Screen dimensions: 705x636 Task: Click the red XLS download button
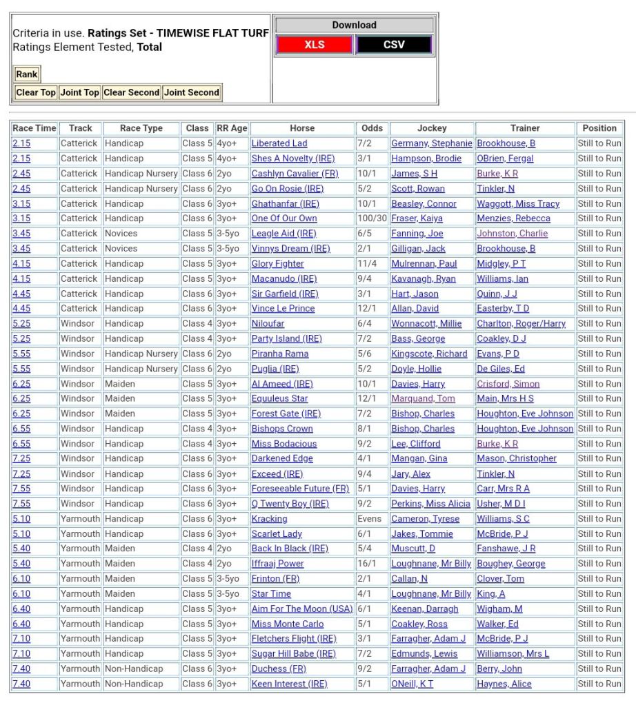[315, 45]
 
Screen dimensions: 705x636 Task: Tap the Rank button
[27, 74]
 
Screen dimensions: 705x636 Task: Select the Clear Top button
[36, 92]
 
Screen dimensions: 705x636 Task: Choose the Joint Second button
[192, 92]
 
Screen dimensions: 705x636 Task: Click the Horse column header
[302, 128]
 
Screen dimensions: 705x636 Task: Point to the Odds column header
[372, 128]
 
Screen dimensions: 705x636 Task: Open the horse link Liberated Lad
[279, 143]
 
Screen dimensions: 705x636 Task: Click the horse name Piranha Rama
[280, 354]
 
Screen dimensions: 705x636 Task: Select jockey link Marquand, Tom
[423, 398]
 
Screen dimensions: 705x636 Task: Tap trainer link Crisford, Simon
[508, 384]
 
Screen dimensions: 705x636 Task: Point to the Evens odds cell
[369, 519]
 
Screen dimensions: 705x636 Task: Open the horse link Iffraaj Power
[277, 564]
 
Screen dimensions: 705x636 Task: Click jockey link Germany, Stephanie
[432, 143]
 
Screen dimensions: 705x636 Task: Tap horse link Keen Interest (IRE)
[289, 684]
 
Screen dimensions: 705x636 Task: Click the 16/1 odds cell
[367, 564]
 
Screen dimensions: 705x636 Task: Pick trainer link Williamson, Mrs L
[513, 653]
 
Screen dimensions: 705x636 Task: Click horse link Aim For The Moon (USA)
[302, 609]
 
